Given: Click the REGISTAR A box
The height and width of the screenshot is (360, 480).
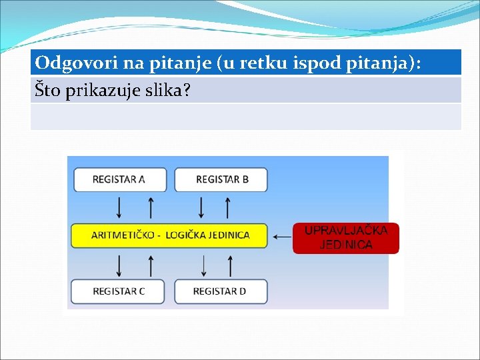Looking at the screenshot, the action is coord(119,180).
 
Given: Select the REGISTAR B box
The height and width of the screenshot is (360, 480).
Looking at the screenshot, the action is coord(221,180).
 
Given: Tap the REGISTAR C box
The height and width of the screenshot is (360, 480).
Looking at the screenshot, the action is coord(119,291).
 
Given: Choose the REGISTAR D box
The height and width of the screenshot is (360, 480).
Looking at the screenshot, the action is coord(220,291).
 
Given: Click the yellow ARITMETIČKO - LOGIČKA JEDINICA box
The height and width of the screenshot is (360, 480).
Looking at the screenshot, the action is coord(169,235).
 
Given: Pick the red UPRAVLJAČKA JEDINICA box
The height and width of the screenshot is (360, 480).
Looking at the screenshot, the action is coord(346,237).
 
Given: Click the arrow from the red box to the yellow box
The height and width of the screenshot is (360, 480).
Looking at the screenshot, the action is coord(282,236).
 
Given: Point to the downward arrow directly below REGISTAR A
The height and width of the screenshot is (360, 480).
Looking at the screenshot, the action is coord(119,207).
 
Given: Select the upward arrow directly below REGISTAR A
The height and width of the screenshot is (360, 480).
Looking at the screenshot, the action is coord(151,207).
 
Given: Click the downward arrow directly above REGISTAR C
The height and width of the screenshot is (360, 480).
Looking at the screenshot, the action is coord(119,265).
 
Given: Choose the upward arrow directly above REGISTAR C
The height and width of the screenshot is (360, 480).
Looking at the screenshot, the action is coord(151,265).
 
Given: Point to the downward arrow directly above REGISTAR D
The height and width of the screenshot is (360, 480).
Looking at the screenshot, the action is coord(203,265).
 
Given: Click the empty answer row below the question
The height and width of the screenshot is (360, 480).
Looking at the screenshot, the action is coord(245,117).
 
